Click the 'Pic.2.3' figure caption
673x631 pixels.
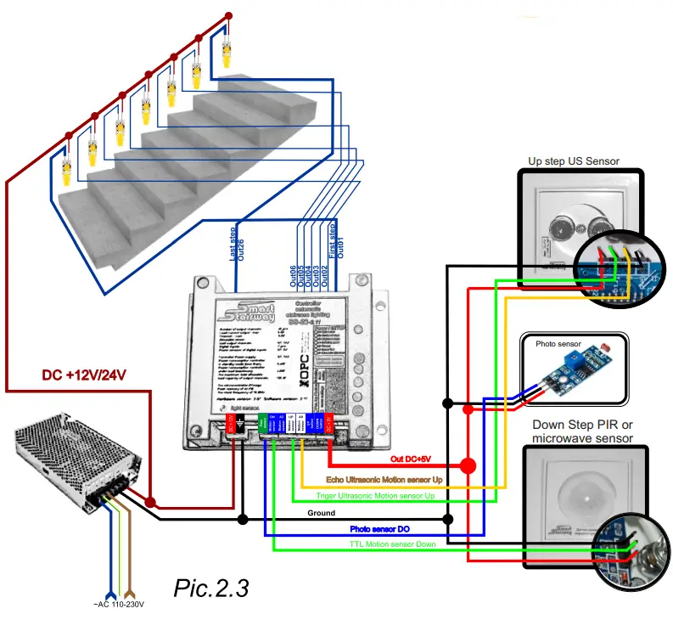(x=211, y=587)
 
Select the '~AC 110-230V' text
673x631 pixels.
(x=118, y=605)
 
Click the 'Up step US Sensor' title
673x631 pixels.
(x=574, y=161)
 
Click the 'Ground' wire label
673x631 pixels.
(x=320, y=513)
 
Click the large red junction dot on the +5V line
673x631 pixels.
(x=467, y=465)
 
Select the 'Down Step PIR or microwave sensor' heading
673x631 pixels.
(x=582, y=431)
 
